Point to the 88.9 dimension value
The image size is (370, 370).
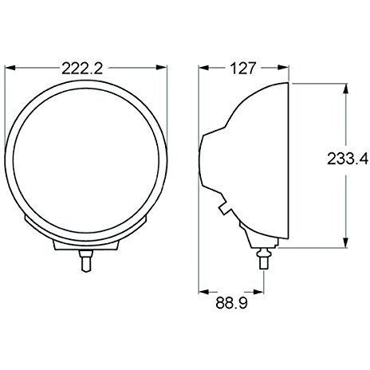pos(231,305)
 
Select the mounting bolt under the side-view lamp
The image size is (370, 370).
pos(263,259)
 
